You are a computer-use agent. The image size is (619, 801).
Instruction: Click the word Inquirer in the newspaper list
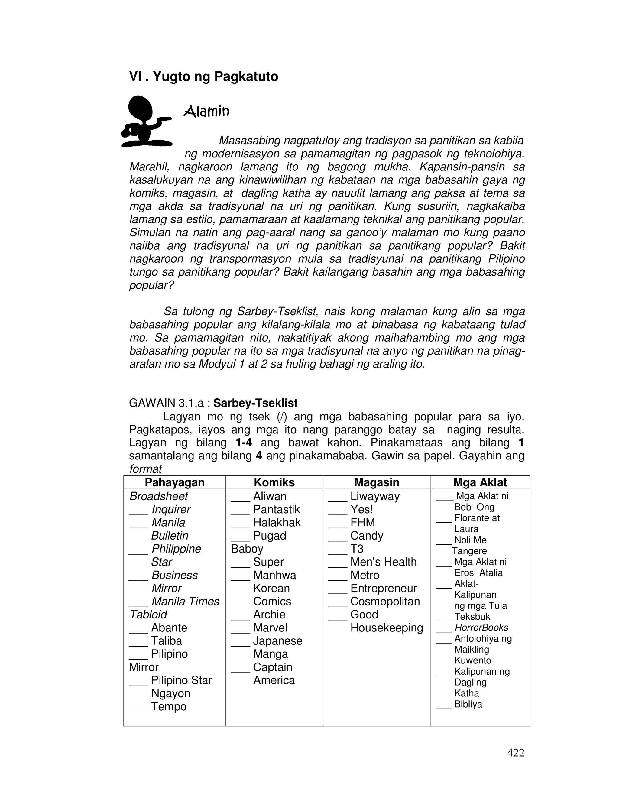click(171, 509)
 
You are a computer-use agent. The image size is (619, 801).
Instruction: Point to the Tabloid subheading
click(148, 614)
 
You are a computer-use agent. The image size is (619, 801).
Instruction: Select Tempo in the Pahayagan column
click(169, 706)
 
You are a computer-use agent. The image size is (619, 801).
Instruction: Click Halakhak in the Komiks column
click(277, 522)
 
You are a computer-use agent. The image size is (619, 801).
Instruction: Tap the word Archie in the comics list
click(269, 614)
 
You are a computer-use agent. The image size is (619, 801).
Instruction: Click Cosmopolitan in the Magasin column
click(385, 601)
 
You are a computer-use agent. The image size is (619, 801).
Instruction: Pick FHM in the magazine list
click(363, 522)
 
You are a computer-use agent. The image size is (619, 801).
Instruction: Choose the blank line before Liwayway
click(337, 500)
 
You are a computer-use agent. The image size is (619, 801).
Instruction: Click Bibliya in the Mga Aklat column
click(468, 704)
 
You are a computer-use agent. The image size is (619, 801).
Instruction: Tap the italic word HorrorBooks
click(481, 628)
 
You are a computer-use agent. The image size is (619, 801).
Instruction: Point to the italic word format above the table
click(146, 469)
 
